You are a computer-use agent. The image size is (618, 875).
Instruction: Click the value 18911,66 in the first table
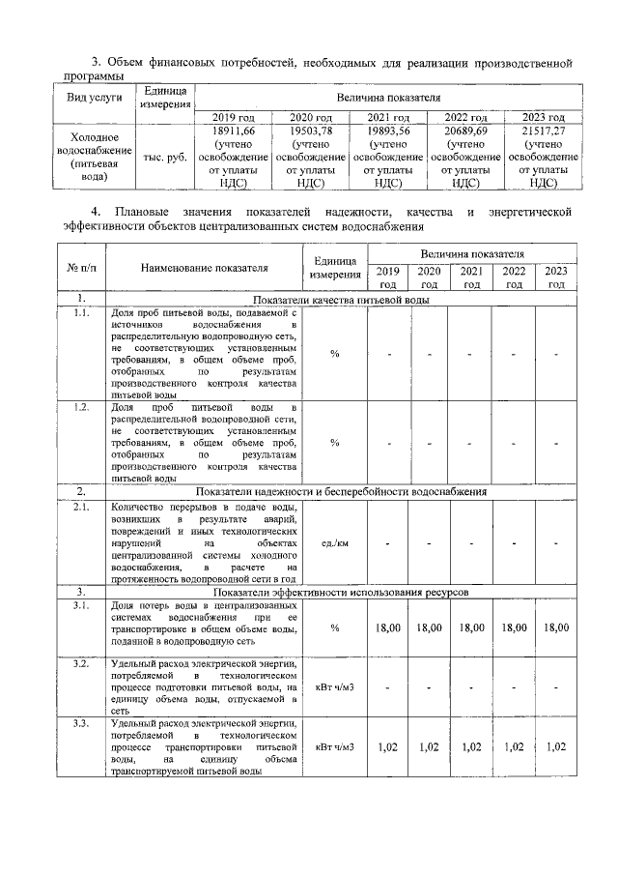233,131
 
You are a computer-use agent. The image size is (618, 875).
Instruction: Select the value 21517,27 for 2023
544,131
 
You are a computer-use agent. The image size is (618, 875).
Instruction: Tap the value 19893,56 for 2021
388,131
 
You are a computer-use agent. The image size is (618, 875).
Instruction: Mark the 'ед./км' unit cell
335,543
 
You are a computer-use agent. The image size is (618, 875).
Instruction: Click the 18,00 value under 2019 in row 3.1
388,627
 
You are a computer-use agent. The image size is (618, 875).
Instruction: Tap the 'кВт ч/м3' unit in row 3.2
335,687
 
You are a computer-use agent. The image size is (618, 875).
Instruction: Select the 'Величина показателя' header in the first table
388,98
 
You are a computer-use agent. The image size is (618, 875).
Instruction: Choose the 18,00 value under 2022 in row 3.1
515,627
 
